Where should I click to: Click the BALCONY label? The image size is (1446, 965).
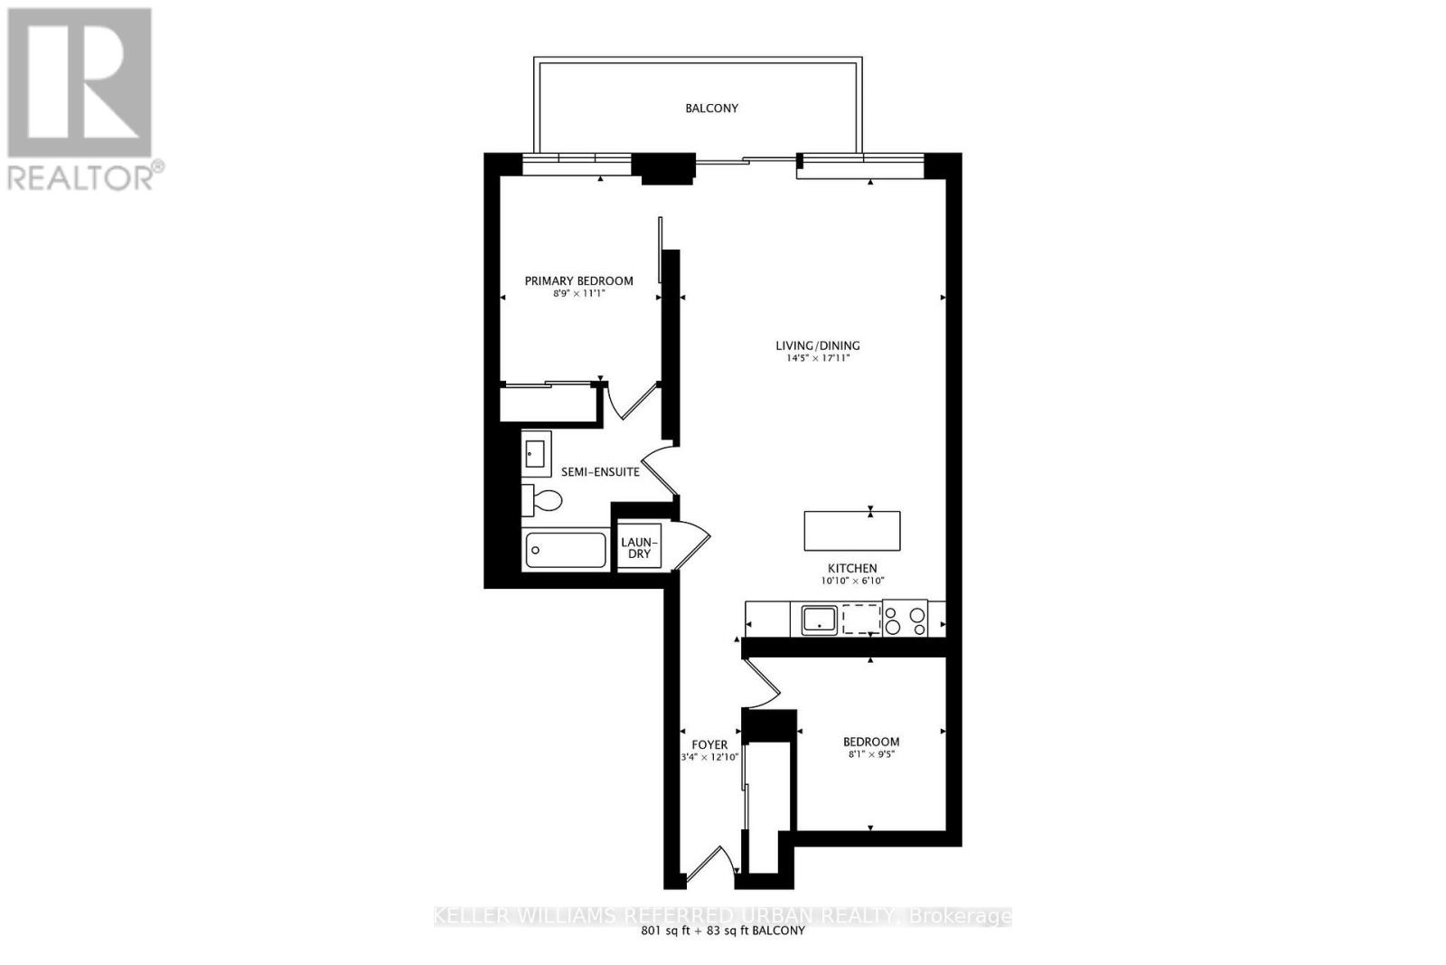click(x=711, y=108)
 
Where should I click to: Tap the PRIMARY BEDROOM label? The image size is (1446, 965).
click(x=578, y=280)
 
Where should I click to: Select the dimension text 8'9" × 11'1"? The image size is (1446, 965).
click(x=578, y=294)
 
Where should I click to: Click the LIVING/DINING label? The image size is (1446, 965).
click(x=817, y=345)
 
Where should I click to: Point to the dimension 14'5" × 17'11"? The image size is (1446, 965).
click(x=817, y=358)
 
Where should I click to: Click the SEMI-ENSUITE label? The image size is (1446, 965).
click(x=600, y=472)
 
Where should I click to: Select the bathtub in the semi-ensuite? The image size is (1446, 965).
click(x=566, y=550)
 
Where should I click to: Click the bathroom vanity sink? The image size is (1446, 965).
click(x=536, y=453)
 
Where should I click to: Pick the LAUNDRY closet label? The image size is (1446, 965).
click(x=639, y=548)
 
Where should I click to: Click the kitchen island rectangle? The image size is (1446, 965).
click(x=852, y=531)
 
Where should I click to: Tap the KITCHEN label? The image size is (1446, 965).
click(x=852, y=568)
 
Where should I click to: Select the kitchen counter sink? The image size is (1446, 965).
click(x=819, y=620)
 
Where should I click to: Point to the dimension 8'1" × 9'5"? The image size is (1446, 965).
click(x=871, y=754)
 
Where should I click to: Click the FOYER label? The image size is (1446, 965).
click(x=709, y=744)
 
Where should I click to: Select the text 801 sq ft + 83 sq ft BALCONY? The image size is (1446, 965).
click(x=722, y=931)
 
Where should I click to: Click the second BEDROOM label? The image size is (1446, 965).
click(x=871, y=742)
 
